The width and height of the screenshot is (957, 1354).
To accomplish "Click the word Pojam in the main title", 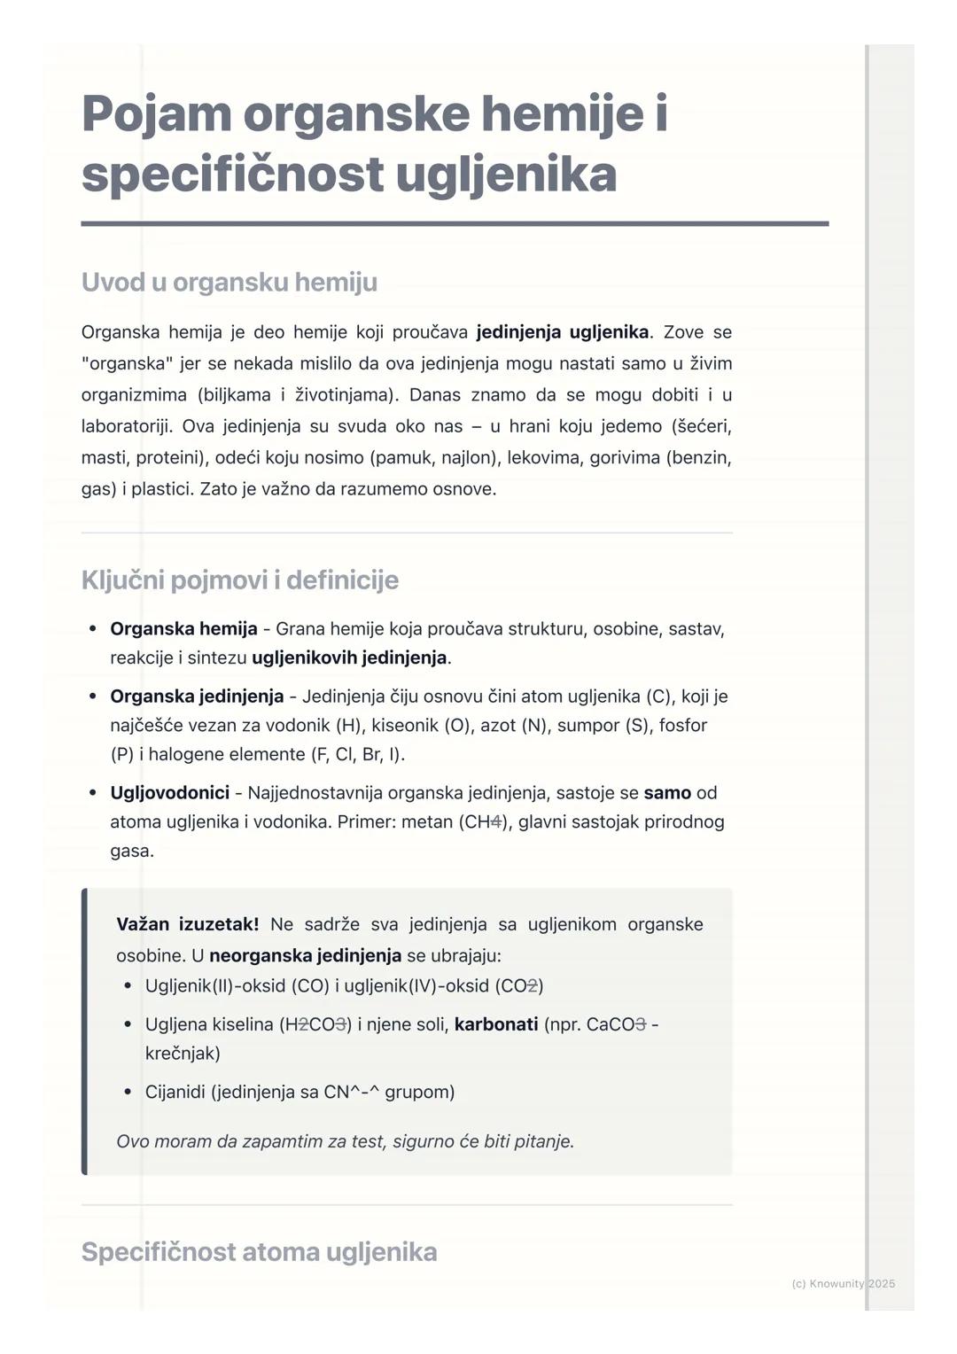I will (x=157, y=114).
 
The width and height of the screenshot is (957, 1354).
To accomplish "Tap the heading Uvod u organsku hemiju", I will (x=229, y=282).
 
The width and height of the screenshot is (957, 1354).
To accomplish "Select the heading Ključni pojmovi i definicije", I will (x=239, y=580).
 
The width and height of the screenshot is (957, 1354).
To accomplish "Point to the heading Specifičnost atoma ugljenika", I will (x=259, y=1251).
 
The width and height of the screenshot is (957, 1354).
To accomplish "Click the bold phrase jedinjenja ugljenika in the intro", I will (x=562, y=332).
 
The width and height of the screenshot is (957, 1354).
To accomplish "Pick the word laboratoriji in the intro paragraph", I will (x=128, y=426).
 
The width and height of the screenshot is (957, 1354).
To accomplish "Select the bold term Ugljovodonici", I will (x=169, y=792).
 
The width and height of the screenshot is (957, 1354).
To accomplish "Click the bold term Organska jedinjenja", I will (x=197, y=696).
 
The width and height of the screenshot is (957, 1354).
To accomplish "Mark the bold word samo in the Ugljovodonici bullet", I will (x=666, y=792).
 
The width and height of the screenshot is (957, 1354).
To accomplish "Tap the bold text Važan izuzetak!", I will (x=187, y=924).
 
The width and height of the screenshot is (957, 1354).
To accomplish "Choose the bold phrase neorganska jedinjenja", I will (x=305, y=955).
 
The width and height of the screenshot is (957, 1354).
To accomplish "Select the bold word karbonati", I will (x=495, y=1024).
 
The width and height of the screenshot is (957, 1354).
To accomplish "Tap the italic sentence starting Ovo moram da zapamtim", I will (x=345, y=1141).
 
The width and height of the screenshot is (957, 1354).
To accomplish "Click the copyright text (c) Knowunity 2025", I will (x=843, y=1283).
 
